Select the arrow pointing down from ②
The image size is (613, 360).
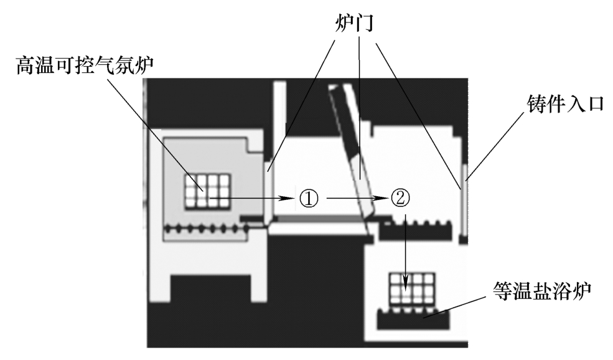(x=405, y=249)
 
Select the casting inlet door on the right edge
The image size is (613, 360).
(x=464, y=181)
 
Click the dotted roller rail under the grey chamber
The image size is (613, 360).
(x=205, y=230)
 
